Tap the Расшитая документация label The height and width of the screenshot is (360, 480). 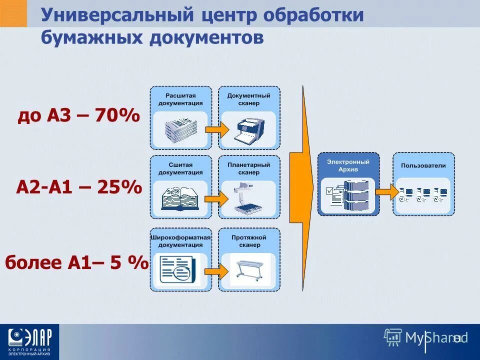point(180,99)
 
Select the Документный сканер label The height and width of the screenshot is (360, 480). point(248,99)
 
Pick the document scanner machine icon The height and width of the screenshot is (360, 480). point(248,129)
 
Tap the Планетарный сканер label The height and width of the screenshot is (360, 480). point(248,168)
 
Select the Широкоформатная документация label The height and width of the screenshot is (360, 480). point(180,241)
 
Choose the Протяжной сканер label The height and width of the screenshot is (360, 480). point(248,241)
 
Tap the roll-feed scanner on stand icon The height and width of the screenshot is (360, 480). point(248,270)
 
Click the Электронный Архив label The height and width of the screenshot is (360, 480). point(348,165)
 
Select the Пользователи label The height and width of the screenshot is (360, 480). point(423,165)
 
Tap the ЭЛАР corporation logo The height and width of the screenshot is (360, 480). point(29,341)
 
